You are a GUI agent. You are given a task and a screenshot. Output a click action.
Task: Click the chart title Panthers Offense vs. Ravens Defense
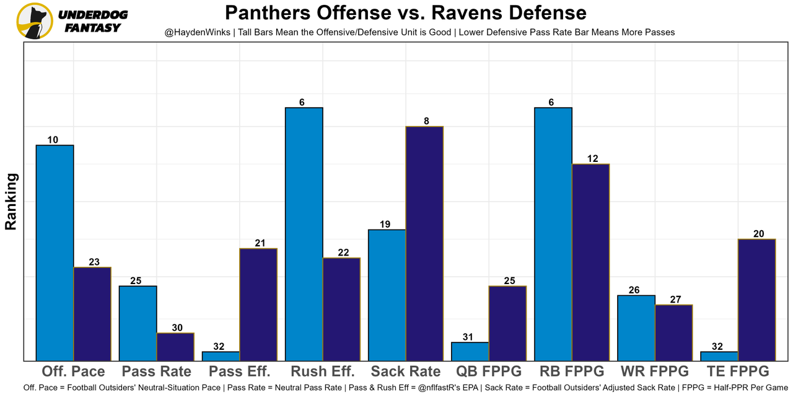(405, 13)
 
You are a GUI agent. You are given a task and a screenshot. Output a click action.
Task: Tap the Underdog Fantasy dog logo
(35, 21)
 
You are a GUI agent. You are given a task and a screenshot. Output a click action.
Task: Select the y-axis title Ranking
(11, 202)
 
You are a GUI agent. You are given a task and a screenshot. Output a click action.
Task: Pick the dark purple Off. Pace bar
(92, 314)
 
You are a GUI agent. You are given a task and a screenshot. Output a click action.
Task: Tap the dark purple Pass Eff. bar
(258, 305)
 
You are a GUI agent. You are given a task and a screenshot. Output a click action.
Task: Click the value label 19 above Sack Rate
(385, 224)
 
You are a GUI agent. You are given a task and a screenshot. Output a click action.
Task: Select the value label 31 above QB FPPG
(468, 337)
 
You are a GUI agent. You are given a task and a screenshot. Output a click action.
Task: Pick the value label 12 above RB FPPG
(592, 158)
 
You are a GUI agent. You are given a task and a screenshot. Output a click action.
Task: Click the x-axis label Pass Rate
(157, 372)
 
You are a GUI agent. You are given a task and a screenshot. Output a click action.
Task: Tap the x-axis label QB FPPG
(489, 372)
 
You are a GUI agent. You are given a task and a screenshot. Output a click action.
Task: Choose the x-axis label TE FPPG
(737, 372)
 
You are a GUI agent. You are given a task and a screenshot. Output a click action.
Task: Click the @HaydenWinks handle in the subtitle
(193, 32)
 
